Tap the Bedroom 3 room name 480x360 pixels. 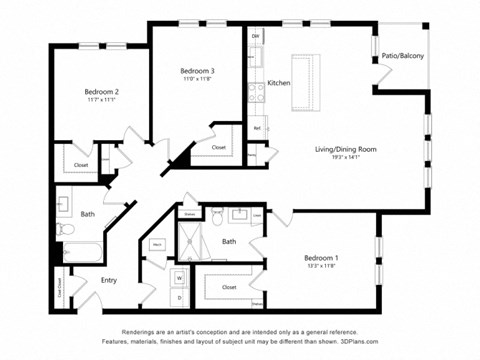197,70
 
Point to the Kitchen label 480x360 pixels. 279,82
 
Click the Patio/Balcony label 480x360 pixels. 403,56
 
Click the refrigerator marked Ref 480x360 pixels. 257,128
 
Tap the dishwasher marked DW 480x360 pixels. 256,37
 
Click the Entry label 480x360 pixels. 109,280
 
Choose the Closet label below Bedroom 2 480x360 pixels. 81,165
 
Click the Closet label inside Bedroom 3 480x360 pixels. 218,147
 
